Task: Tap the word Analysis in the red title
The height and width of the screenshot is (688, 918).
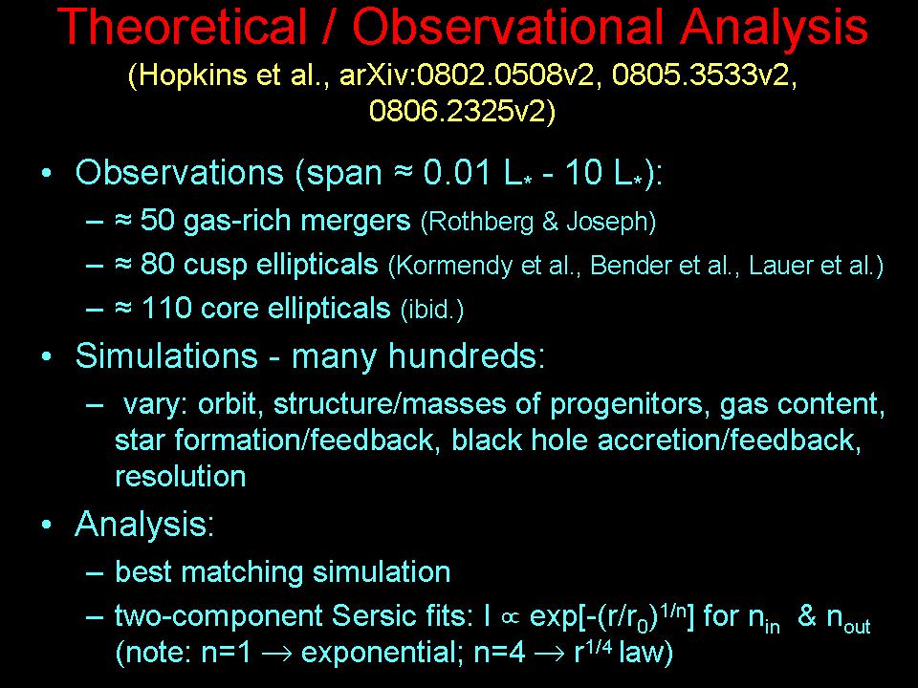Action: click(775, 28)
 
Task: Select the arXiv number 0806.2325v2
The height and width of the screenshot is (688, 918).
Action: click(457, 110)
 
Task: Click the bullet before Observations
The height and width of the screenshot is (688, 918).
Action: click(47, 173)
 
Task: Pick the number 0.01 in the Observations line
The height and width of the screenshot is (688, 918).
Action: click(457, 172)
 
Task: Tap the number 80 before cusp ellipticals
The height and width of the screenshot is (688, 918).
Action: click(158, 265)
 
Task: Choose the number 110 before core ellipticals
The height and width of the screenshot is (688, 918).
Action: click(166, 309)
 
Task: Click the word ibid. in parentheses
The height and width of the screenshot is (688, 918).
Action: click(431, 310)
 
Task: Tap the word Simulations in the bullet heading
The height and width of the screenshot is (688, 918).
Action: click(166, 355)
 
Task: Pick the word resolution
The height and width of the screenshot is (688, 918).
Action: click(181, 476)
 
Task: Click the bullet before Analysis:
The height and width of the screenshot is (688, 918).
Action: click(47, 525)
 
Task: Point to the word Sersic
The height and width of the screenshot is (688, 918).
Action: click(370, 615)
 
